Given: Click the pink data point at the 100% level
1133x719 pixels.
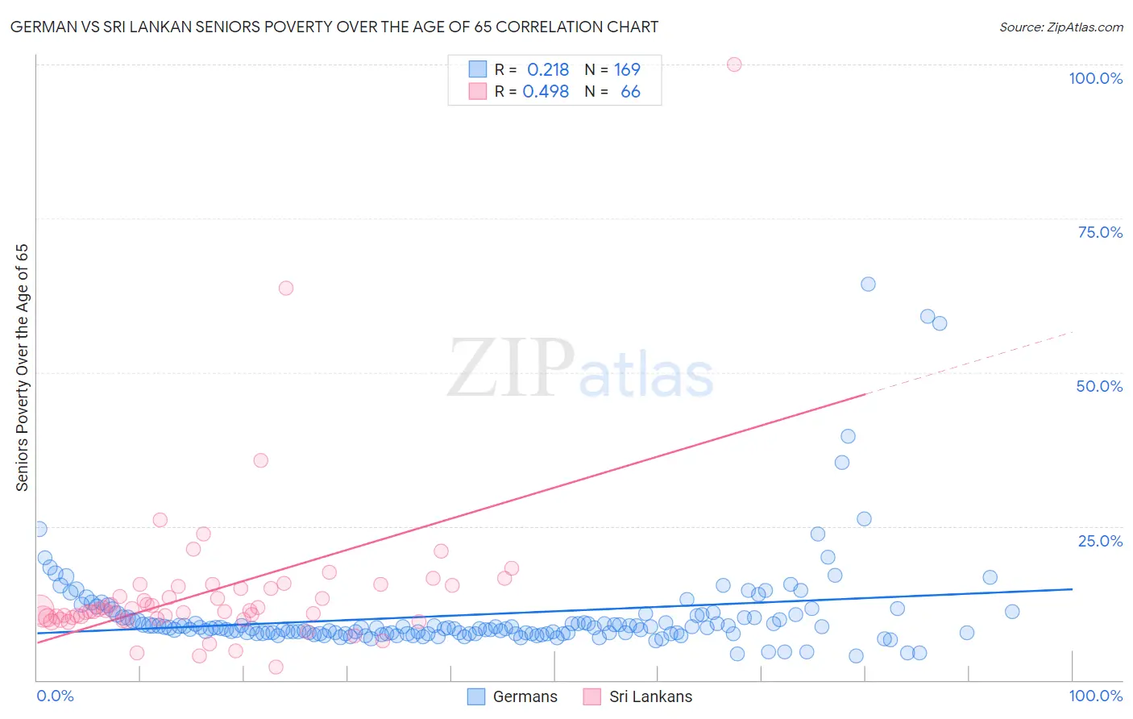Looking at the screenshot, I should pos(734,64).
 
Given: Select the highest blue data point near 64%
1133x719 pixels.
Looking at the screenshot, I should pos(868,284).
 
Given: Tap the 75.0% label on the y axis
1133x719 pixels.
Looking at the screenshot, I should pos(1100,232).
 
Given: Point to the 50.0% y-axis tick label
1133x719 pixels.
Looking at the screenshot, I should pos(1099,386).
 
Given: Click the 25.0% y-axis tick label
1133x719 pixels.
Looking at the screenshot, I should pos(1100,541).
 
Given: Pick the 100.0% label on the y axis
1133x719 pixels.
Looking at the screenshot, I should pos(1095,78).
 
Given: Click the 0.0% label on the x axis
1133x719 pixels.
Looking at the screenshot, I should pos(55,696).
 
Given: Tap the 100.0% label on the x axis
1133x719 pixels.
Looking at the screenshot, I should pos(1095,696).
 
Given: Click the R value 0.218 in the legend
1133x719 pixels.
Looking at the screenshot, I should pos(548,70).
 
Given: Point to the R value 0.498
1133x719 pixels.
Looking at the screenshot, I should pos(546,92).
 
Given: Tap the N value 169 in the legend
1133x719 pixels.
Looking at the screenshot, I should pos(627,70).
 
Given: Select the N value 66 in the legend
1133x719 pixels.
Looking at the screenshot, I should pos(630,92).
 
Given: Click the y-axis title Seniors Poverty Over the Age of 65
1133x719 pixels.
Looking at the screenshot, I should pos(23,367).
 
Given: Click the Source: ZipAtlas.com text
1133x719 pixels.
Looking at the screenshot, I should pos(1060,27).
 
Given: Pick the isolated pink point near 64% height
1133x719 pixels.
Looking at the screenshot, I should pos(285,288).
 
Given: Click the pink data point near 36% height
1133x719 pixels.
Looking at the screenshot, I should pos(260,460).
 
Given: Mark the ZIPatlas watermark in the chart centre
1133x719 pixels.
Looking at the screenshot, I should pos(580,369).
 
